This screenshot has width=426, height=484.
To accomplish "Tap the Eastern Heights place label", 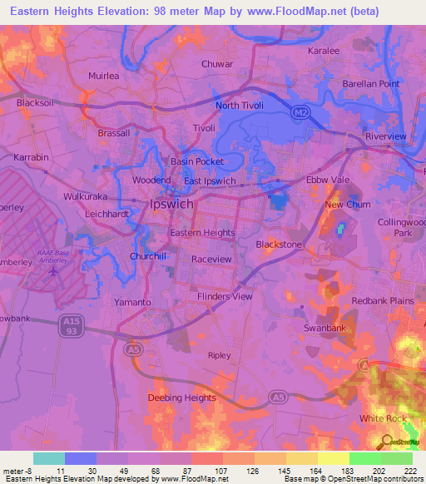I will [x=202, y=233].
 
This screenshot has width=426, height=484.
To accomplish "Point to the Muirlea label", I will [x=104, y=76].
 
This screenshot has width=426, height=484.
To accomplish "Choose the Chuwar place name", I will [x=217, y=63].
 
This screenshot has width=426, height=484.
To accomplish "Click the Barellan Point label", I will [x=371, y=84].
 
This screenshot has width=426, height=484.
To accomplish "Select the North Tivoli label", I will [x=239, y=106].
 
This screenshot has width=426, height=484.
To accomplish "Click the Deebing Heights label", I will [x=181, y=398].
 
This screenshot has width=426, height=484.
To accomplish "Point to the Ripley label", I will [x=219, y=355].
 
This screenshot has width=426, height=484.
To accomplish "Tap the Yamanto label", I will [x=133, y=303].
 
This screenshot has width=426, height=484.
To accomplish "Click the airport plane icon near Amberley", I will [x=55, y=270].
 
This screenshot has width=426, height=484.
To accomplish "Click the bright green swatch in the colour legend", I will [x=364, y=458].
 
